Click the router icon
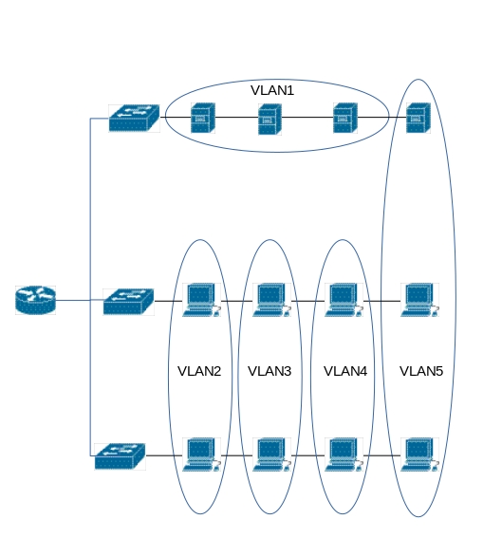[35, 300]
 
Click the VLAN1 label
[272, 90]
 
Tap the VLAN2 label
[199, 371]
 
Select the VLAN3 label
[270, 371]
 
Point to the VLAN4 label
[345, 371]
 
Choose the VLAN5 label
[421, 371]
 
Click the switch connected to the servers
[134, 119]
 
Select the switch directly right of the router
[129, 302]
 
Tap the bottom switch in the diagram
[121, 456]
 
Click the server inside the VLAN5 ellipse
[418, 118]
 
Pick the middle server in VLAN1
[270, 120]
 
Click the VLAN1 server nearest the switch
[203, 118]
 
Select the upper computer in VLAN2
[201, 300]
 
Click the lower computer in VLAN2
[201, 455]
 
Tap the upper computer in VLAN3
[271, 300]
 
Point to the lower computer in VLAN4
[344, 455]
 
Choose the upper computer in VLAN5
[419, 300]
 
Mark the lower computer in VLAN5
[419, 455]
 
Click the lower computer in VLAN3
[271, 455]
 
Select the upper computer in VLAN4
[344, 300]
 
